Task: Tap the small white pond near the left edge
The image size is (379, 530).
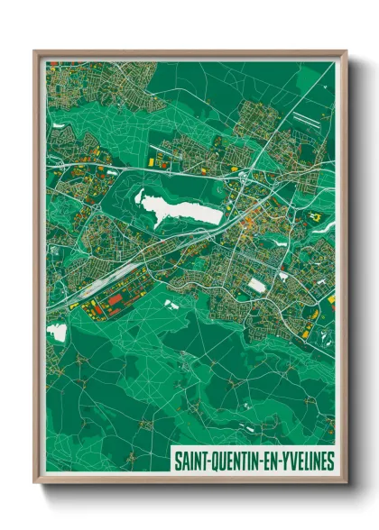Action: click(x=57, y=333)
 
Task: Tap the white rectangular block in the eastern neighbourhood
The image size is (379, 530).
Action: click(x=257, y=285)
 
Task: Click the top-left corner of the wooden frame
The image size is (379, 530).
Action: click(x=35, y=51)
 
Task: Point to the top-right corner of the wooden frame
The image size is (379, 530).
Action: click(x=346, y=51)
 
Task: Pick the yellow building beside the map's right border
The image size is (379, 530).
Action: click(x=330, y=297)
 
